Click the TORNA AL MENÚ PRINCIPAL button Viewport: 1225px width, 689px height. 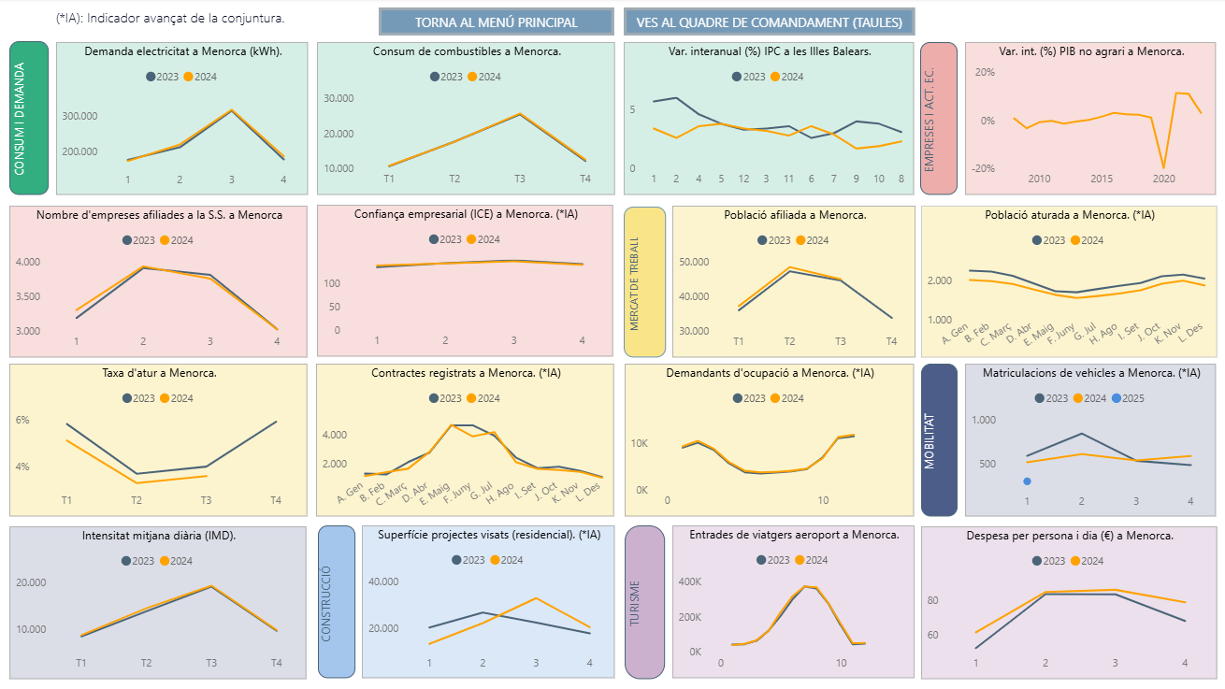(496, 22)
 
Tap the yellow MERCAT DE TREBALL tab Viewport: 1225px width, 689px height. (644, 282)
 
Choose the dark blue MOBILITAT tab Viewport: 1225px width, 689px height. (939, 439)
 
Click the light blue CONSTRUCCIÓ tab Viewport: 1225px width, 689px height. (337, 601)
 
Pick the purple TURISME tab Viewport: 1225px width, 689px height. (643, 601)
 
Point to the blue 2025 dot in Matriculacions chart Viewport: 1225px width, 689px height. (1027, 481)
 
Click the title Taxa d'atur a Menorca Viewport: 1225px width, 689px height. (157, 373)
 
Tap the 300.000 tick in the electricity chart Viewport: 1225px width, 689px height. (79, 116)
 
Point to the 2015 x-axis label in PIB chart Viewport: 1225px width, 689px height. (1102, 179)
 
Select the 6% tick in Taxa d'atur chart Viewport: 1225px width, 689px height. (22, 421)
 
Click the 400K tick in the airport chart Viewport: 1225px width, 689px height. (689, 581)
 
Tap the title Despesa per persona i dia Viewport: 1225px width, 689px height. (1070, 536)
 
